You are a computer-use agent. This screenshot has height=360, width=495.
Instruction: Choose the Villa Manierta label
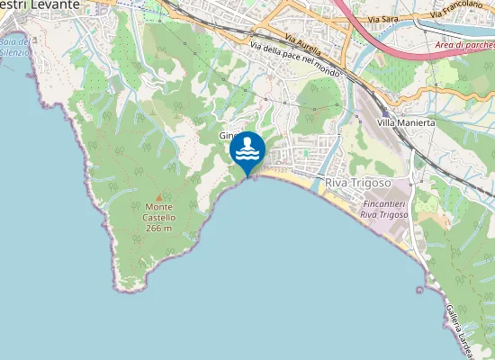406,121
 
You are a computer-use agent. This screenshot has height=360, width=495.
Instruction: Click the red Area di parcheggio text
464,44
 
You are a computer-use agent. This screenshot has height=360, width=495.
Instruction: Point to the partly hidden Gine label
226,136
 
